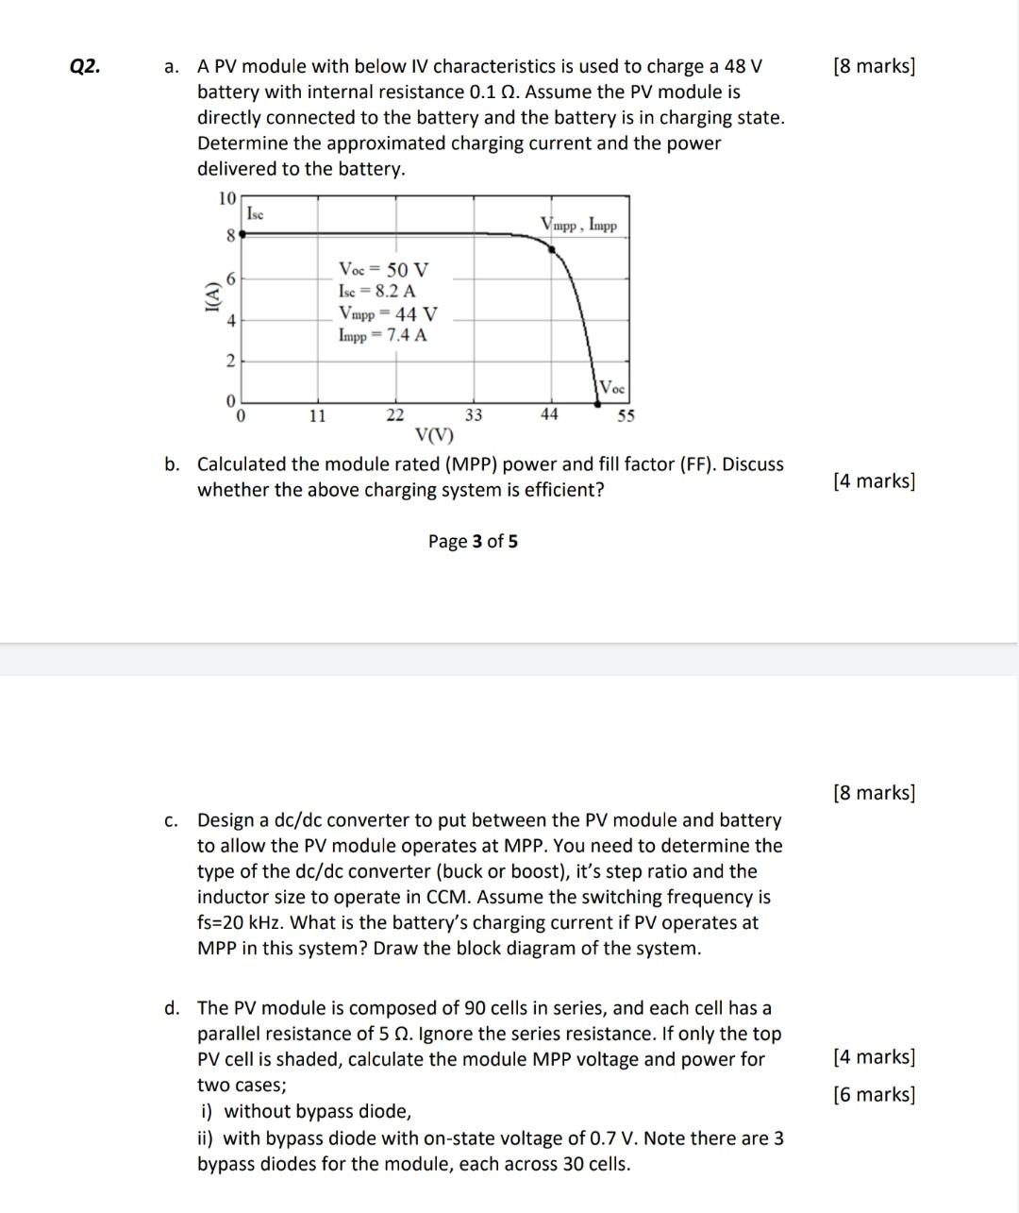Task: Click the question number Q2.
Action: click(x=85, y=66)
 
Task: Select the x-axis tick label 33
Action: click(x=474, y=414)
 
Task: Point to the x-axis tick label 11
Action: click(x=317, y=414)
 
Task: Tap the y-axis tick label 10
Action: click(x=226, y=198)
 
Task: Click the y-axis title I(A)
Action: click(x=210, y=297)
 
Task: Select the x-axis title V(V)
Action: click(x=434, y=436)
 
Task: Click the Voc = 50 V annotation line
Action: click(x=383, y=269)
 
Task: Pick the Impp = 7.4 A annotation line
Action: click(x=382, y=335)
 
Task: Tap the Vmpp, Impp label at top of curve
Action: click(x=578, y=225)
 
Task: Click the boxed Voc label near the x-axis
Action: click(x=611, y=388)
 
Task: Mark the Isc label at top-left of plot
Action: click(x=255, y=214)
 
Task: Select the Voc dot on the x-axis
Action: click(x=597, y=403)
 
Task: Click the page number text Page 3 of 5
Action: click(x=473, y=541)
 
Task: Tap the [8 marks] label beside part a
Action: click(x=874, y=66)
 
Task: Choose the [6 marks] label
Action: click(x=874, y=1094)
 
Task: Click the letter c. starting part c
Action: click(x=171, y=820)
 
